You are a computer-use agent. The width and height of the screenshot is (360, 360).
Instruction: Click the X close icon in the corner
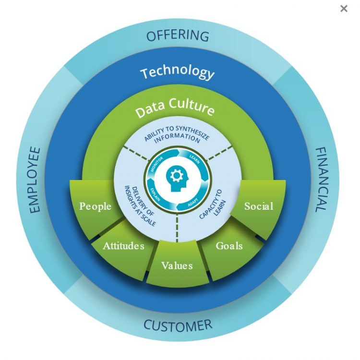[344, 8]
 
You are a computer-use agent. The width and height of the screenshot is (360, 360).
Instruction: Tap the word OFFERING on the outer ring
[178, 35]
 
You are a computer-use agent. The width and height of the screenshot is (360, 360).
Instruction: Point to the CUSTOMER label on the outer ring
[178, 325]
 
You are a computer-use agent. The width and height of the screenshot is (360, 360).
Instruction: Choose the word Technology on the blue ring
[178, 72]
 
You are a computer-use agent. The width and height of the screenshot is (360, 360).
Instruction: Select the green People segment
[95, 206]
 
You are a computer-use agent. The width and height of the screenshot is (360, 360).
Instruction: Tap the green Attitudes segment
[123, 246]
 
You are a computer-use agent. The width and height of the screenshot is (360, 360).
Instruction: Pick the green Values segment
[177, 265]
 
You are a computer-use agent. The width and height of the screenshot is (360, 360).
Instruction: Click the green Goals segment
[229, 246]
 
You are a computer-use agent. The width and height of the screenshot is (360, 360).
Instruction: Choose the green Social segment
[259, 206]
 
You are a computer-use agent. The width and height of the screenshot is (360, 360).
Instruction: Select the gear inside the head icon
[177, 176]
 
